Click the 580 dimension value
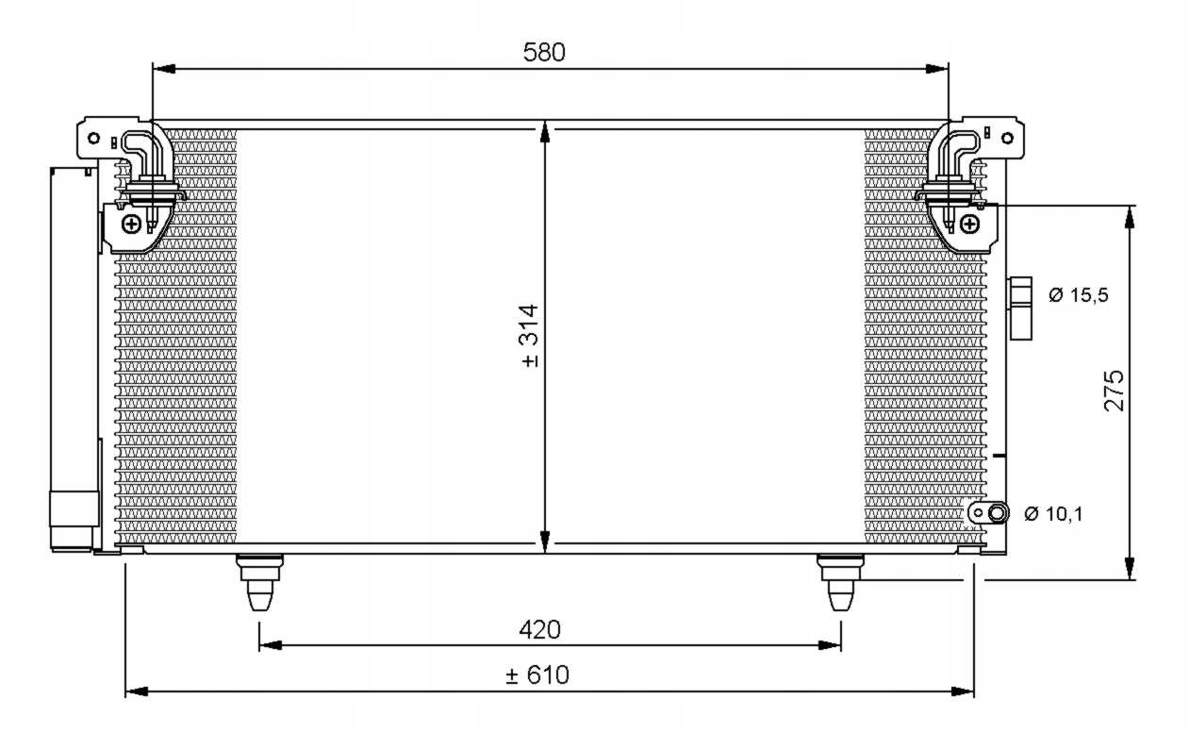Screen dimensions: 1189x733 544,52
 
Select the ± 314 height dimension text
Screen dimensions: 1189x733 530,336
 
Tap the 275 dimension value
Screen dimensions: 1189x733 1115,391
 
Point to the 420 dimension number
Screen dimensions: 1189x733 540,629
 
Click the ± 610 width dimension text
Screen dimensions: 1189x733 537,675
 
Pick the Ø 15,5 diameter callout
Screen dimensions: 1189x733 1079,294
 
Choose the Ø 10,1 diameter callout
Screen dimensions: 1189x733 1053,514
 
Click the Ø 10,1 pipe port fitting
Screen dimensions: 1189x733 988,513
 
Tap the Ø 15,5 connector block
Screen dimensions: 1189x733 1020,308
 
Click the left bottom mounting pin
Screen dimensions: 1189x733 260,582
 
